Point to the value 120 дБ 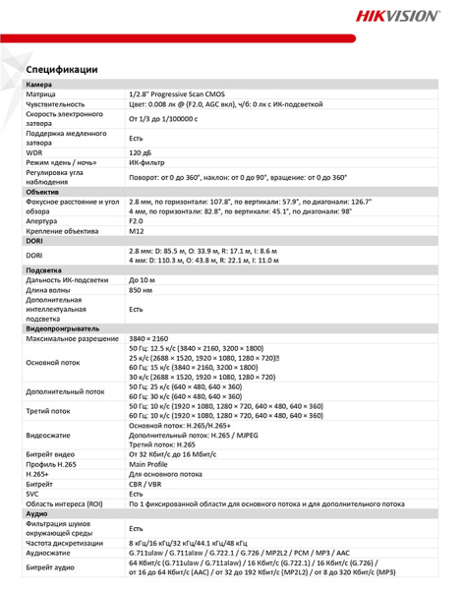point(141,153)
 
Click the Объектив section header point(43,191)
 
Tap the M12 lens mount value point(136,231)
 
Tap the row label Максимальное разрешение point(68,337)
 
